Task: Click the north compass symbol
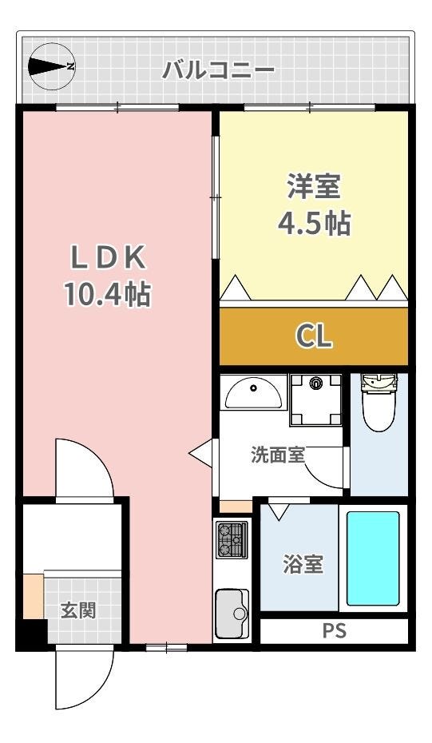[51, 66]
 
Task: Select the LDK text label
[107, 258]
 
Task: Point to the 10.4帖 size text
[108, 294]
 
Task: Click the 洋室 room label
[314, 186]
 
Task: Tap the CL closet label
[314, 336]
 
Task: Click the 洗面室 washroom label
[277, 455]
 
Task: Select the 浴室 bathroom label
[303, 564]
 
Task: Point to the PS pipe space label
[335, 631]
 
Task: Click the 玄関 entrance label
[78, 611]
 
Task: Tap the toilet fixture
[378, 402]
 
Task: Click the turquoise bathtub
[373, 558]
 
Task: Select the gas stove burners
[232, 540]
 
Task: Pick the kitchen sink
[232, 614]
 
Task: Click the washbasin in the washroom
[253, 392]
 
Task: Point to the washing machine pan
[316, 400]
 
